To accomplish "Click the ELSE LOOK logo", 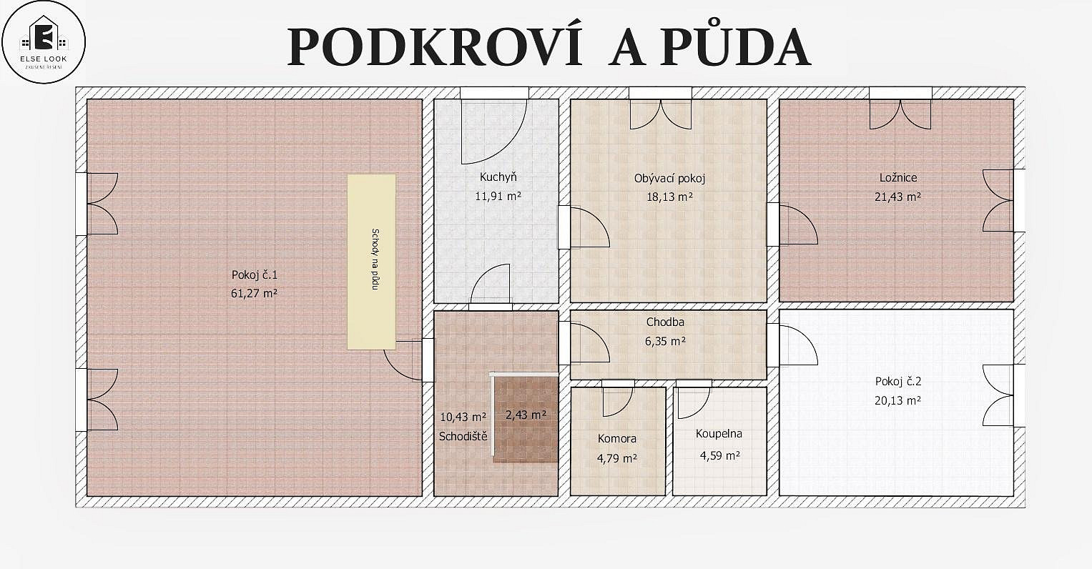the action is tap(44, 42).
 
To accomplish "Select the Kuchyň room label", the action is tap(498, 177).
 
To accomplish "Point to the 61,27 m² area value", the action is tap(254, 293).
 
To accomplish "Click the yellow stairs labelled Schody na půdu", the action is tap(371, 262).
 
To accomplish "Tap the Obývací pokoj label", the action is tap(669, 179).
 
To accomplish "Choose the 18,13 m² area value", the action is tap(669, 197).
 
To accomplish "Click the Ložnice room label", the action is tap(898, 178).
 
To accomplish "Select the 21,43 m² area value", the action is tap(897, 197).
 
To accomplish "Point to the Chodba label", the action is tap(665, 322).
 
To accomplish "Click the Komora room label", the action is tap(616, 438).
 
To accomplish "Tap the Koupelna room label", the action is tap(719, 434).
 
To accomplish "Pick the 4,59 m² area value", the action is tap(719, 455).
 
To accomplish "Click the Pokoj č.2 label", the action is tap(898, 382).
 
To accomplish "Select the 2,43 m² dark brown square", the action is tap(526, 419).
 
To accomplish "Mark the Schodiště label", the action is tap(463, 437).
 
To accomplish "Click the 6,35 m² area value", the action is tap(665, 341).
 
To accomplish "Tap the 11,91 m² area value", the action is tap(498, 197).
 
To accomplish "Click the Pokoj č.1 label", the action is tap(254, 274).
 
